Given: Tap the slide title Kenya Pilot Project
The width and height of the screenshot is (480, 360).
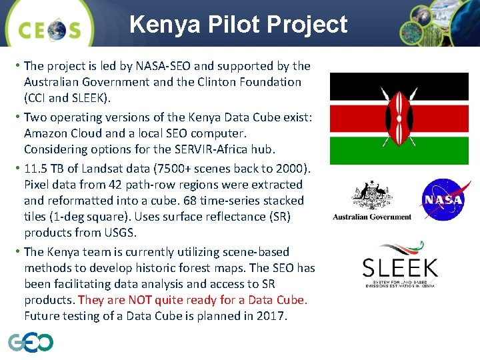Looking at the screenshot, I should (239, 25).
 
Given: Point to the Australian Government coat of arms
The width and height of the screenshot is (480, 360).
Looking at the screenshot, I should (372, 194).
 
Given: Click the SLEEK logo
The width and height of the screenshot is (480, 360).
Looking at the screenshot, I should (400, 271).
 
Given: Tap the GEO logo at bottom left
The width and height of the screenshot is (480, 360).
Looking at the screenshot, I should (31, 342).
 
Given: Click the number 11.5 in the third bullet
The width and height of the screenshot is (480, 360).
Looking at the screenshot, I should (36, 168).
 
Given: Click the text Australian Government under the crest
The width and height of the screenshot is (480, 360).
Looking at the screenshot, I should (372, 217).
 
